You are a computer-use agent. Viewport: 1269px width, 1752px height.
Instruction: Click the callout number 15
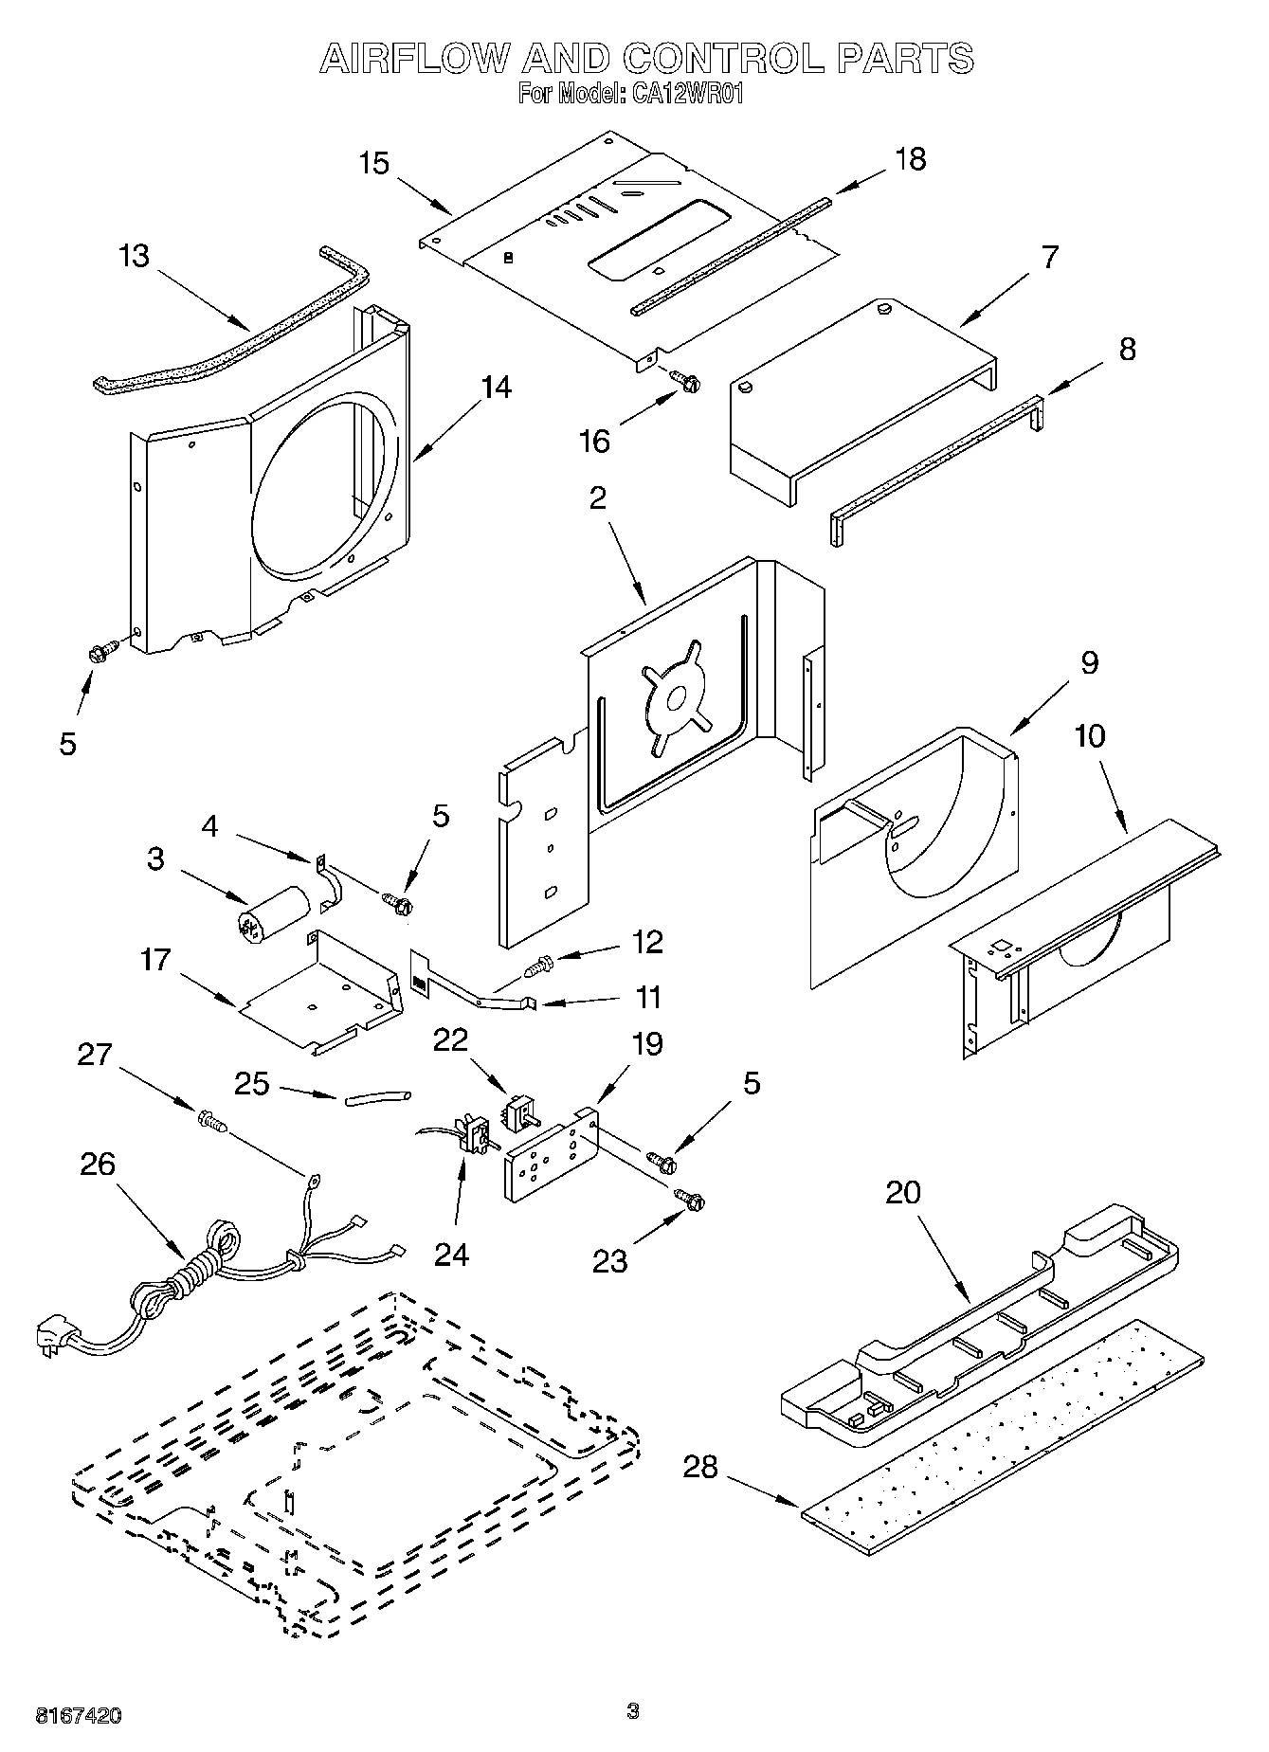click(x=374, y=163)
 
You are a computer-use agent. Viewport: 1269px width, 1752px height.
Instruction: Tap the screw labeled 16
click(x=685, y=382)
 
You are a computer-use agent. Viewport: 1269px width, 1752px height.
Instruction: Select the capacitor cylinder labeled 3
click(x=273, y=912)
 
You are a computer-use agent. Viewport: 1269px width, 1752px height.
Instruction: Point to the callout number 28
click(x=700, y=1468)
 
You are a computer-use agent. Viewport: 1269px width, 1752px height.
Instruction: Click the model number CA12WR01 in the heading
click(x=680, y=95)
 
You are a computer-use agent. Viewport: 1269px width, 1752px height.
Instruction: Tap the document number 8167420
click(x=78, y=1716)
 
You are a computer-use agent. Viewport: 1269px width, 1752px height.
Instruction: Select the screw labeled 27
click(x=212, y=1123)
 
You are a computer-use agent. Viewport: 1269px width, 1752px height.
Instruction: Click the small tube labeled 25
click(x=377, y=1097)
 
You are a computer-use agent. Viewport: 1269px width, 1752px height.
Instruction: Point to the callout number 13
click(x=135, y=256)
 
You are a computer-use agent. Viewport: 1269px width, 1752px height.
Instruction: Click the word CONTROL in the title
click(x=725, y=59)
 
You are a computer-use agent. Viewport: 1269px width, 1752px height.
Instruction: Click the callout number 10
click(x=1090, y=735)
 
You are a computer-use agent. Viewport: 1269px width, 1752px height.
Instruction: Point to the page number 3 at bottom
click(x=633, y=1710)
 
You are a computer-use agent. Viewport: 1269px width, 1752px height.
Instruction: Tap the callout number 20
click(x=902, y=1191)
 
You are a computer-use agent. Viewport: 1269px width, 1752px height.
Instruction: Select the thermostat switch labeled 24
click(x=472, y=1134)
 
